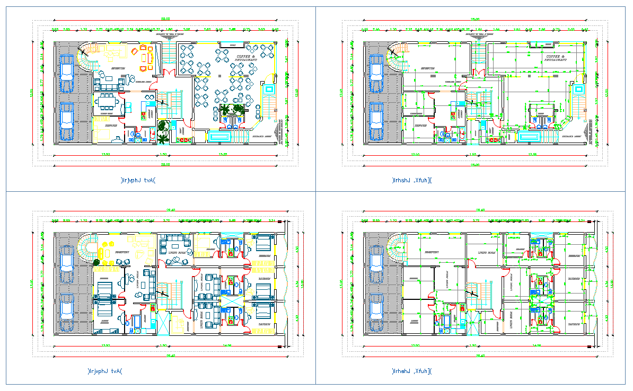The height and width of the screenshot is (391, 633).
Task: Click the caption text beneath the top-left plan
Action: tap(137, 180)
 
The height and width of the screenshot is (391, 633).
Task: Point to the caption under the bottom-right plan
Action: tap(411, 371)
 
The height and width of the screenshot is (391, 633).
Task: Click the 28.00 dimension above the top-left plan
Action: tap(166, 20)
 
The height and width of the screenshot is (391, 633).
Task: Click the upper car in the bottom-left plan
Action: tap(67, 262)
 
